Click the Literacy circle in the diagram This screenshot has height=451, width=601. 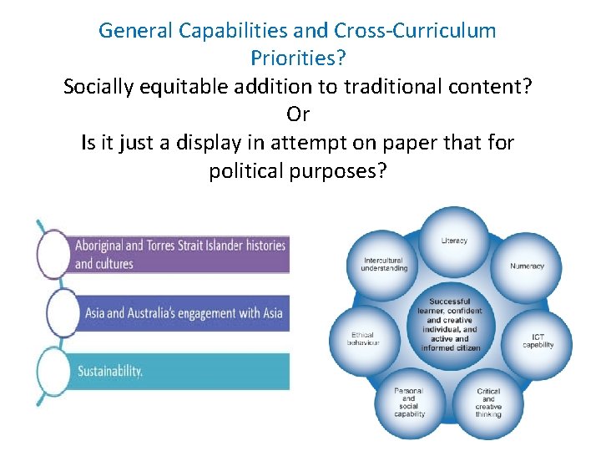pos(454,241)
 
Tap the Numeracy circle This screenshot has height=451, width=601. pos(527,266)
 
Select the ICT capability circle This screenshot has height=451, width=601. pos(538,341)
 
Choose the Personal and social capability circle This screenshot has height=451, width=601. pos(409,403)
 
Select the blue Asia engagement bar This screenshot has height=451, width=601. pos(179,313)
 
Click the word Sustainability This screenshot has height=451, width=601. pos(109,371)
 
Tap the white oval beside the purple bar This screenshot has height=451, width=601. pos(53,253)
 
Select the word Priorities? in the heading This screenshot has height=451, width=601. pos(298,58)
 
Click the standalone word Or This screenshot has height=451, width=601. pos(298,114)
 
